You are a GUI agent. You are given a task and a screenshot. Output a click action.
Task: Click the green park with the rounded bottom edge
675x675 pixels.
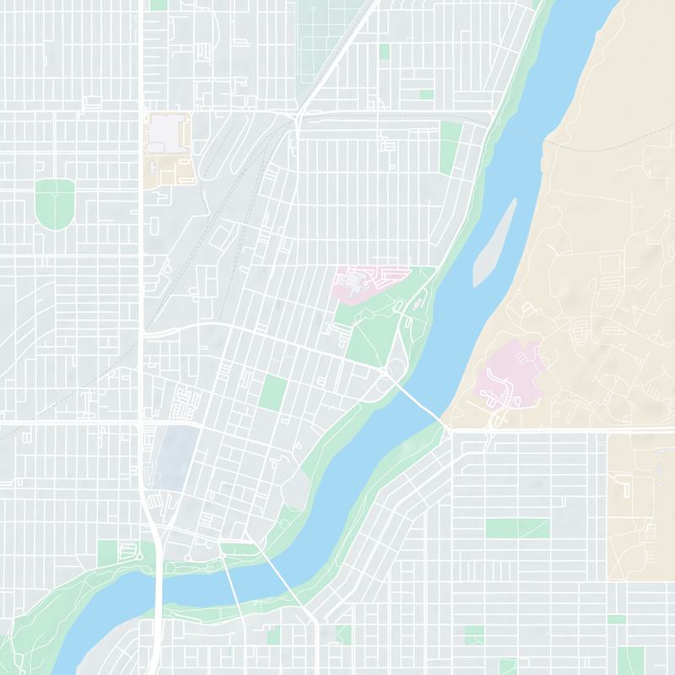pyautogui.click(x=55, y=202)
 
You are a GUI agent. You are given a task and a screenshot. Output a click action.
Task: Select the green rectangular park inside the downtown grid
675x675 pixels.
pyautogui.click(x=273, y=392)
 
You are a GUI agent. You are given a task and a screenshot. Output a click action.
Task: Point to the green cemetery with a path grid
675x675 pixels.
pyautogui.click(x=321, y=25)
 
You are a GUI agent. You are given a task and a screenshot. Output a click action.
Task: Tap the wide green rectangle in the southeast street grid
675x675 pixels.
pyautogui.click(x=517, y=528)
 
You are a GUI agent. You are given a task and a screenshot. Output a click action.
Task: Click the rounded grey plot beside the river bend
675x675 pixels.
pyautogui.click(x=295, y=489)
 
